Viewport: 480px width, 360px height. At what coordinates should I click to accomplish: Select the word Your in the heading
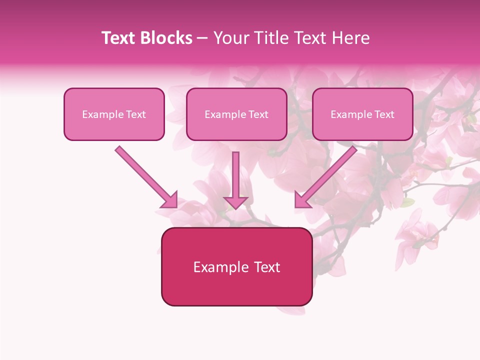tap(229, 38)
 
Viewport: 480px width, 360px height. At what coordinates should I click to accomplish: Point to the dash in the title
tap(202, 38)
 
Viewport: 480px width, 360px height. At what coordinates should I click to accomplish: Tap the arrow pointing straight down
tap(235, 175)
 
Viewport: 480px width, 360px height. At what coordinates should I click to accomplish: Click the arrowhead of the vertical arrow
tap(235, 202)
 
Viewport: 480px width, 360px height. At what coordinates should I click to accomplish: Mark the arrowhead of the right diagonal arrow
tap(302, 200)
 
